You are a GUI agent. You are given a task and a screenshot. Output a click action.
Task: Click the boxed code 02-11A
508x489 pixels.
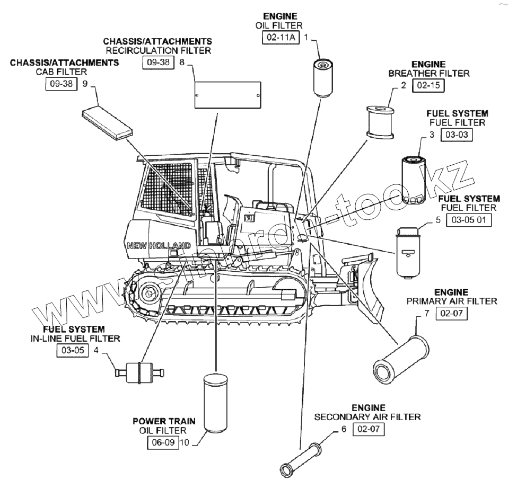[281, 37]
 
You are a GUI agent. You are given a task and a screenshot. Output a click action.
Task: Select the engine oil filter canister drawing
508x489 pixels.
[323, 78]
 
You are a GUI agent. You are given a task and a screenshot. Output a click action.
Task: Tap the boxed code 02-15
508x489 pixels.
[428, 85]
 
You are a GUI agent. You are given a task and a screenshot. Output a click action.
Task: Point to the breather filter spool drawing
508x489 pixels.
[380, 122]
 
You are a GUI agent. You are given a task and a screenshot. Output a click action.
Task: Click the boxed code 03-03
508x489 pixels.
[457, 135]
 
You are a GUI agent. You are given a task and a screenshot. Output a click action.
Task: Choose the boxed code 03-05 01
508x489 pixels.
[469, 220]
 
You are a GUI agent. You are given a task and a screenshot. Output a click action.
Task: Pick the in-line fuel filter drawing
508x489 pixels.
[139, 372]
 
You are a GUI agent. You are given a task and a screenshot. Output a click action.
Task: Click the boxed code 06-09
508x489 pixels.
[163, 442]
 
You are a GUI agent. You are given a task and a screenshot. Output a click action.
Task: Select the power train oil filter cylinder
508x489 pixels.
[215, 403]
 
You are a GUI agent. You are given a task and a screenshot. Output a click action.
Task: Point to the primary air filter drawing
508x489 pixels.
[400, 359]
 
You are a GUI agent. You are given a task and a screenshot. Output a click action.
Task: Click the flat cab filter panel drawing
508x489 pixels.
[107, 124]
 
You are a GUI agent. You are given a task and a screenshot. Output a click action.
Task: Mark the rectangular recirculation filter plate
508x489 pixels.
[228, 95]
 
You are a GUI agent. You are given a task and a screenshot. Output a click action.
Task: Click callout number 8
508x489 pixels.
[182, 62]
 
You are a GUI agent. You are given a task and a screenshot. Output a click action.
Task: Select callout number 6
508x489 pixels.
[344, 429]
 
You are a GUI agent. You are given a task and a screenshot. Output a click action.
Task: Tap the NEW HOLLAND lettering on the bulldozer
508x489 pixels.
[159, 246]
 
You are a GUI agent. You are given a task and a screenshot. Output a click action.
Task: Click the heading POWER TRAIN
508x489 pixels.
[164, 421]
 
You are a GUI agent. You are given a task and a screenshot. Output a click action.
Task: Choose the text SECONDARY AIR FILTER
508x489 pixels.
[367, 417]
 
